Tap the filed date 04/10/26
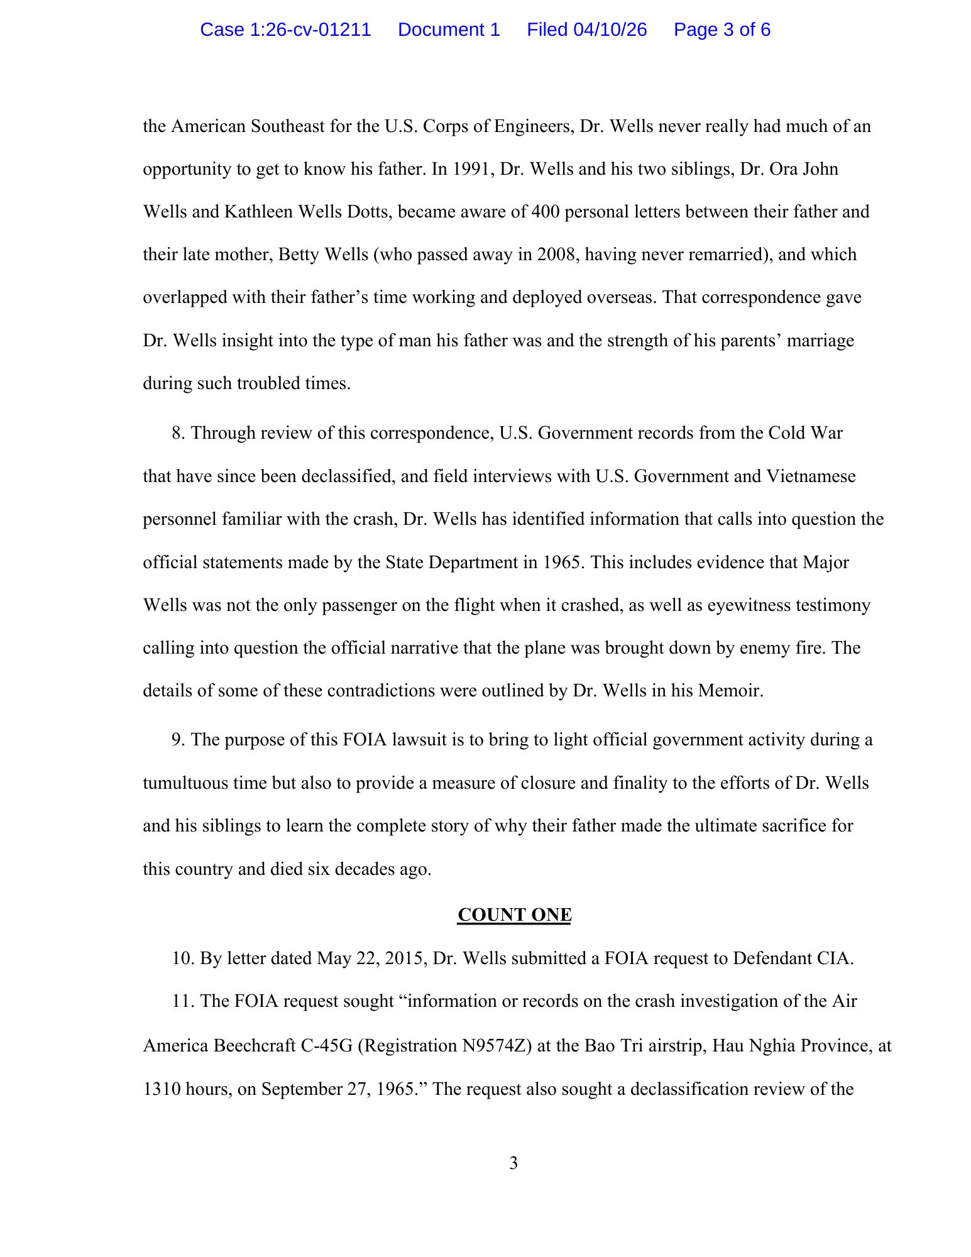(x=610, y=30)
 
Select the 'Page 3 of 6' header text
(x=721, y=30)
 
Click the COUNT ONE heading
(x=514, y=915)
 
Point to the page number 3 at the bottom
(x=513, y=1163)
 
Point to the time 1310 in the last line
(x=161, y=1089)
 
